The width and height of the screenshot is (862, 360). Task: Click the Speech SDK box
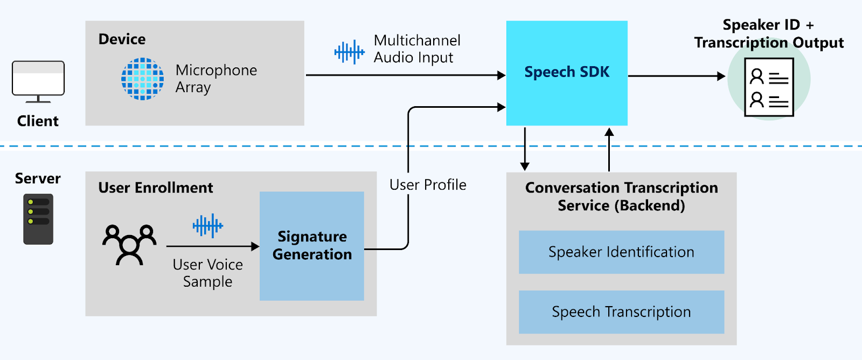567,73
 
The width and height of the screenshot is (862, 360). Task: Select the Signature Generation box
311,246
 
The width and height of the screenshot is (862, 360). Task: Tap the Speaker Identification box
621,252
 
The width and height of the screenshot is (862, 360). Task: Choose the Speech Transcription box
621,312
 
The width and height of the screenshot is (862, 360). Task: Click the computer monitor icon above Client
38,81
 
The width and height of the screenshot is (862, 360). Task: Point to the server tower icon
38,219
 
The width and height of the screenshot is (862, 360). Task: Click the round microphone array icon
142,79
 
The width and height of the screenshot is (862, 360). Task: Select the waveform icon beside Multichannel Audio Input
349,52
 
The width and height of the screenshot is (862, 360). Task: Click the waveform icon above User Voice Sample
207,225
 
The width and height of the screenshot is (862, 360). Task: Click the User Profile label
428,185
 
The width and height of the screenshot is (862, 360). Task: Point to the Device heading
122,39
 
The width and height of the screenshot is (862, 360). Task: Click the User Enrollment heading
156,188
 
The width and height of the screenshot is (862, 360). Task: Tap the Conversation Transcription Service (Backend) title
621,197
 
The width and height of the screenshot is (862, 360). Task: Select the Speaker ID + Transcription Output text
769,33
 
